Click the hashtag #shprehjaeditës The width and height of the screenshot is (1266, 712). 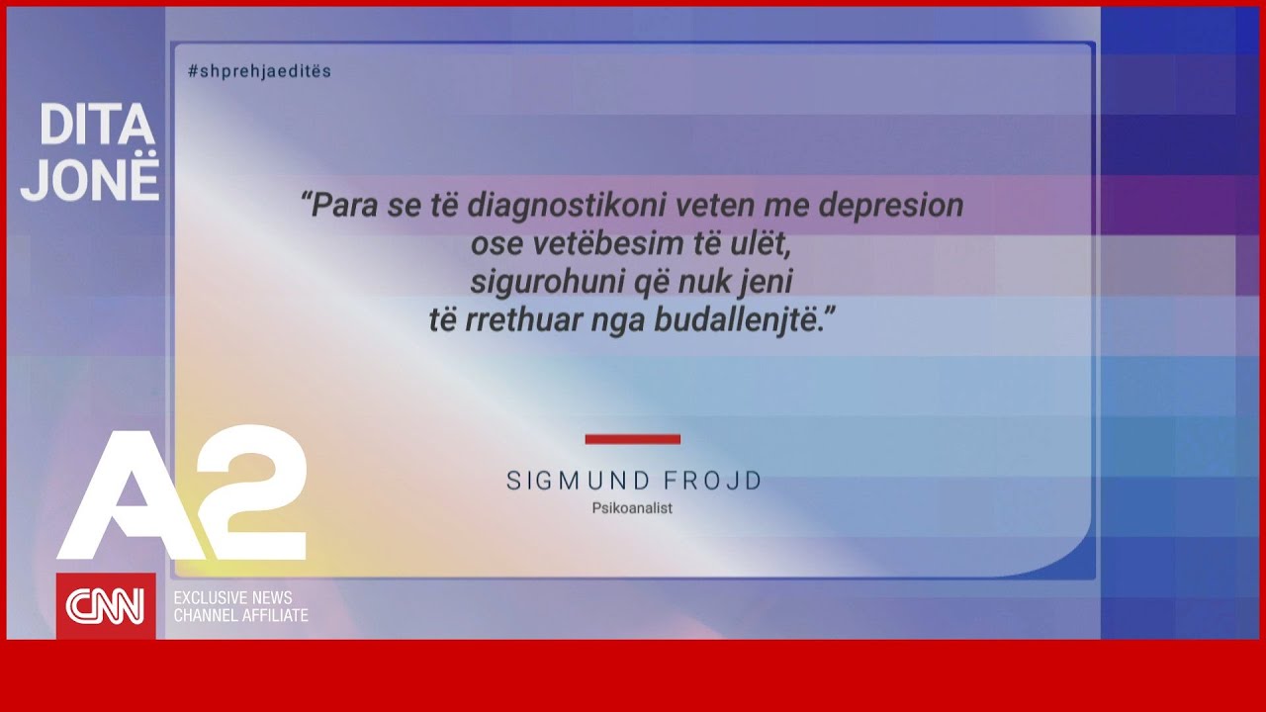coord(259,71)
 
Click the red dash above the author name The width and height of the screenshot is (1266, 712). coord(632,439)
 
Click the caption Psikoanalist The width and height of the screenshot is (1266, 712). coord(632,508)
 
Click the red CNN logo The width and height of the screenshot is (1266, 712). coord(106,605)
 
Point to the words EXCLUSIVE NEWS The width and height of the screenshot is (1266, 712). coord(233,598)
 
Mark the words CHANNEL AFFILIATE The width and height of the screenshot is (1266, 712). coord(241,616)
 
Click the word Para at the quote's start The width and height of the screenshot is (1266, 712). coord(337,206)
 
